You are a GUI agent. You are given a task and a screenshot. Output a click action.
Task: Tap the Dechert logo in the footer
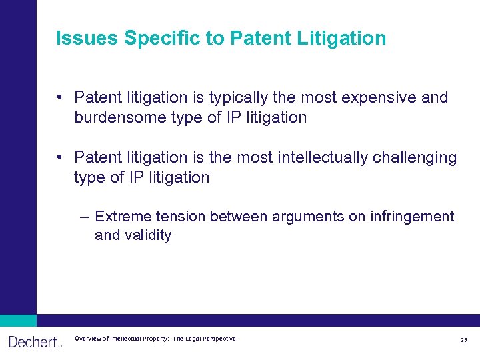33,341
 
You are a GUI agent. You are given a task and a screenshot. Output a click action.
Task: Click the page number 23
463,340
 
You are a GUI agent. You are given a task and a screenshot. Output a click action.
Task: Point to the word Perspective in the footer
217,339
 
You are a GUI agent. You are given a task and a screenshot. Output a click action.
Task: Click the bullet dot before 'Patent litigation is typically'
60,97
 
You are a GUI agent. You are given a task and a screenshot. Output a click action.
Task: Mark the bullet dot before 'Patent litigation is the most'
60,157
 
